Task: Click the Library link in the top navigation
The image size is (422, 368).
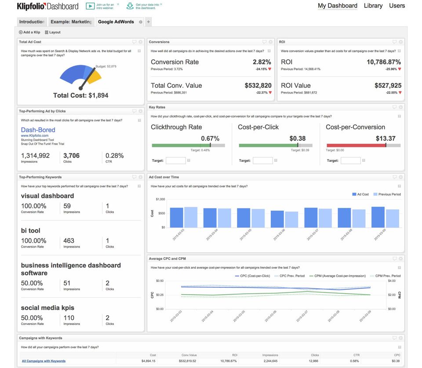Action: pos(373,6)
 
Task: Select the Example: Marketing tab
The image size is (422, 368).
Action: pos(71,22)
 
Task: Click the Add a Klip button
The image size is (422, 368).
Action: pos(29,32)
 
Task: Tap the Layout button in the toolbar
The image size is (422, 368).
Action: pos(53,32)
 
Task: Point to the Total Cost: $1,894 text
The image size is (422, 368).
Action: pos(80,95)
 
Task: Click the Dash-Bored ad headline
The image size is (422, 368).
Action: pos(38,130)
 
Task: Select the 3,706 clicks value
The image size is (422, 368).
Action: pos(71,155)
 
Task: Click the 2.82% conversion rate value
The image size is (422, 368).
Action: pos(262,62)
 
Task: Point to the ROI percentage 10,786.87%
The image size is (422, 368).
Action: pos(383,62)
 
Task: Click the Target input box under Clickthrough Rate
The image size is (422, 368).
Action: pos(175,160)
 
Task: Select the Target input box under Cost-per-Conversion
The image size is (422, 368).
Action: pos(350,160)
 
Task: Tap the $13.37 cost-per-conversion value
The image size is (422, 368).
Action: pos(386,138)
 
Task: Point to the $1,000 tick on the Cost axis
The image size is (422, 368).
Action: pos(160,199)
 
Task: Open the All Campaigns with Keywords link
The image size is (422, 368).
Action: pos(44,361)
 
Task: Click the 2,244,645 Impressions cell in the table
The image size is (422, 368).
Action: pos(269,361)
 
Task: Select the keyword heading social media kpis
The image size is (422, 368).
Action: pos(47,308)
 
